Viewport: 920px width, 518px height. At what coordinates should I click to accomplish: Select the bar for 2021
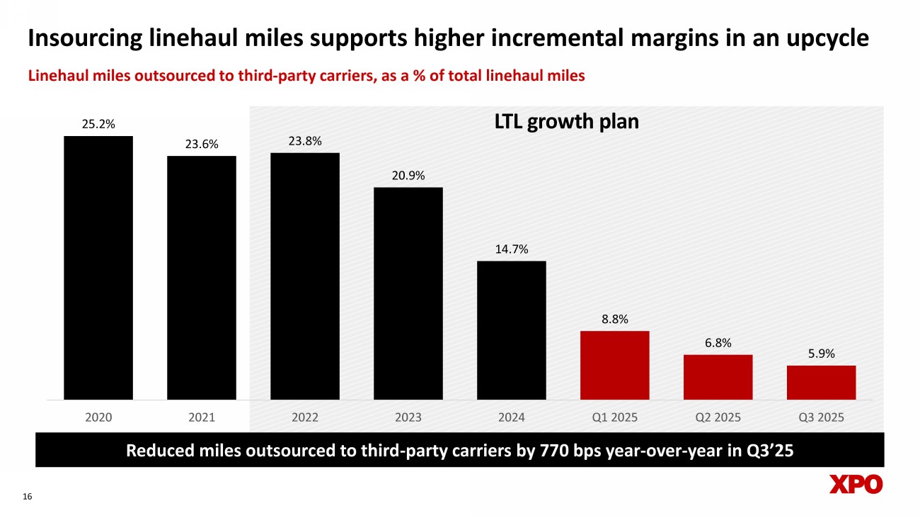coord(202,277)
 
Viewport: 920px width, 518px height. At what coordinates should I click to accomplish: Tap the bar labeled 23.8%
coord(305,276)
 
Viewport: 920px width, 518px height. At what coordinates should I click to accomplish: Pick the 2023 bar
coord(408,293)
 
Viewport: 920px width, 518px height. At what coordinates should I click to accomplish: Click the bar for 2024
coord(512,330)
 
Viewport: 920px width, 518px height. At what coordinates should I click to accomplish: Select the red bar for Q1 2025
coord(615,365)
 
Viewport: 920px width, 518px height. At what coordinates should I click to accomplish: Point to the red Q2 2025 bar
coord(718,377)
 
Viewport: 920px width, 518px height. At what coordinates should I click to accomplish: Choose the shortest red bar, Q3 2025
coord(822,383)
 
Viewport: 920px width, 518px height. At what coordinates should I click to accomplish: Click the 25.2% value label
coord(98,125)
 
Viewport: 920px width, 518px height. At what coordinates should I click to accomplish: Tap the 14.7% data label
coord(512,249)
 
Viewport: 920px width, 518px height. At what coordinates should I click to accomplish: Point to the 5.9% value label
coord(822,354)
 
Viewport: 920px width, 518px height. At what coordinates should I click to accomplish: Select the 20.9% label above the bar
coord(408,176)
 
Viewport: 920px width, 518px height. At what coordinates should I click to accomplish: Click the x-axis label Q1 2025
coord(615,417)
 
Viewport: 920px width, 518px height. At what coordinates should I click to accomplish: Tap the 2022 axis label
coord(305,417)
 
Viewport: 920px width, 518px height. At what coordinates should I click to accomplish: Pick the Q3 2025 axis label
coord(822,417)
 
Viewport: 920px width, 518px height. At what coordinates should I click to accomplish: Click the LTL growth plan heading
coord(565,122)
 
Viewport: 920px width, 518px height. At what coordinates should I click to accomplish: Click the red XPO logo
coord(856,485)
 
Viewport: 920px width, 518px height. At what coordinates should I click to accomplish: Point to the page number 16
coord(28,498)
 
